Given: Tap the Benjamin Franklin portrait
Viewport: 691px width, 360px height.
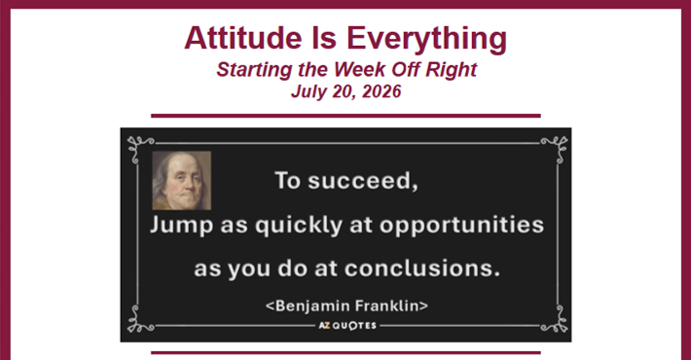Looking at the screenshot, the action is click(x=182, y=180).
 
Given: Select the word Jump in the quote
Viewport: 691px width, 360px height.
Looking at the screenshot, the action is click(x=182, y=226).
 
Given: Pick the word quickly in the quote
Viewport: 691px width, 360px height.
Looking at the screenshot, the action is click(x=299, y=226).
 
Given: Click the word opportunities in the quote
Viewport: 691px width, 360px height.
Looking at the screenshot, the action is click(x=462, y=226).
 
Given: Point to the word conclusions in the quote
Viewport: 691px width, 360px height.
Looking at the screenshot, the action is click(x=422, y=269).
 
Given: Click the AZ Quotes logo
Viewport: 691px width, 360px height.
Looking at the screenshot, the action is click(x=347, y=326).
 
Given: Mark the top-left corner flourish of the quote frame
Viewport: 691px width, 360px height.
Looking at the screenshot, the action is click(x=139, y=148).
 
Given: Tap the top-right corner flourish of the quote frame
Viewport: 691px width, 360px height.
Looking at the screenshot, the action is click(x=556, y=148).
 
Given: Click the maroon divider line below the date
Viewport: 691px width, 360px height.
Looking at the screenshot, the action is click(x=345, y=116).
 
